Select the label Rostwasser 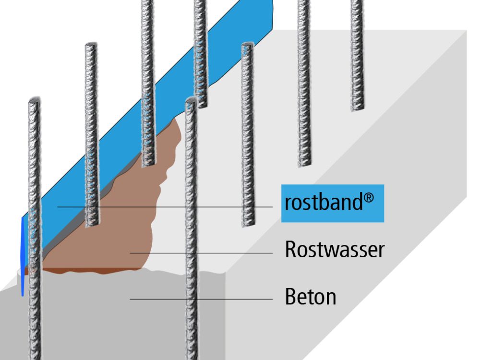pos(335,250)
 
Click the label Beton pos(310,297)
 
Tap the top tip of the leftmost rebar pos(34,101)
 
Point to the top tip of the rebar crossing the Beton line pos(191,100)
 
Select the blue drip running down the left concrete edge pos(22,259)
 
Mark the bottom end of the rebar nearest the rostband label pos(248,224)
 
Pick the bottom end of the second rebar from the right pos(303,164)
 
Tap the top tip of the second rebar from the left pos(91,46)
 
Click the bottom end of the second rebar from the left pos(92,225)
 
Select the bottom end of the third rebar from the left pos(148,165)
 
